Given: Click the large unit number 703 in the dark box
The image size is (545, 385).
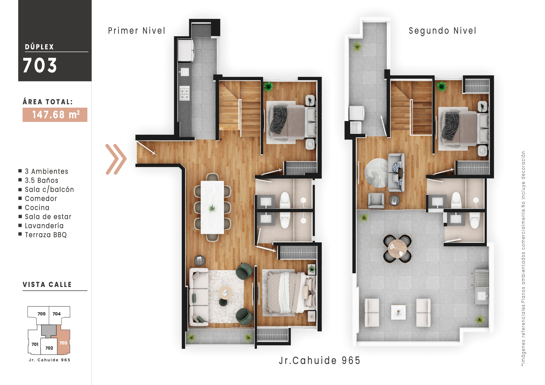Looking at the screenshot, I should pos(40,65).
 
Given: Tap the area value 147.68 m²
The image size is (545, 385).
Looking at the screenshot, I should pos(55,115).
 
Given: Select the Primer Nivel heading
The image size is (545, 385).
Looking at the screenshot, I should pos(137,31).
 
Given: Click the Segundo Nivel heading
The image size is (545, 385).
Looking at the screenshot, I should pos(442,31).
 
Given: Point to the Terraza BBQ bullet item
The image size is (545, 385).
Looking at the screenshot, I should pos(46,235).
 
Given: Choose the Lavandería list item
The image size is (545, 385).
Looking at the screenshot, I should pos(44,226).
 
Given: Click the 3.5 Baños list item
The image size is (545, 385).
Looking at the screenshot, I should pos(41,181).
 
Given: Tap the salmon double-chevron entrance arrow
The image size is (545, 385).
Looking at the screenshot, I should pos(116,159).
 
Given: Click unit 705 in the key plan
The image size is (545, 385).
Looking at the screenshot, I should pos(41,314).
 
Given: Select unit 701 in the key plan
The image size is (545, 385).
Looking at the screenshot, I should pos(35,344).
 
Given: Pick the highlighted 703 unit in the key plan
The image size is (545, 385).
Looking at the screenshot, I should pos(63,343).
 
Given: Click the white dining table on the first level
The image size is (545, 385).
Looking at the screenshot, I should pos(212,207).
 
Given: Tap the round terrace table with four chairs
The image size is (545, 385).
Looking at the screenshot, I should pos(397,248).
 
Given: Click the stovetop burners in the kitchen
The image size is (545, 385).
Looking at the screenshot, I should pos(184,93).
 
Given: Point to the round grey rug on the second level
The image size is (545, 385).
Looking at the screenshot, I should pos(376,172).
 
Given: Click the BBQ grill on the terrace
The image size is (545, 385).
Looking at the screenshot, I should pos(482,279).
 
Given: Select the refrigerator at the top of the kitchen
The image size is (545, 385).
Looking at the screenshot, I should pos(185,50).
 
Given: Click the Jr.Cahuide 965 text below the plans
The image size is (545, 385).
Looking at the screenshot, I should pos(319,360).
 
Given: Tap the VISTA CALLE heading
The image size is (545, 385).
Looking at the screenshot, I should pos(47,285).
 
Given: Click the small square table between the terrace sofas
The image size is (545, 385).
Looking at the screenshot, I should pos(398,312).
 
